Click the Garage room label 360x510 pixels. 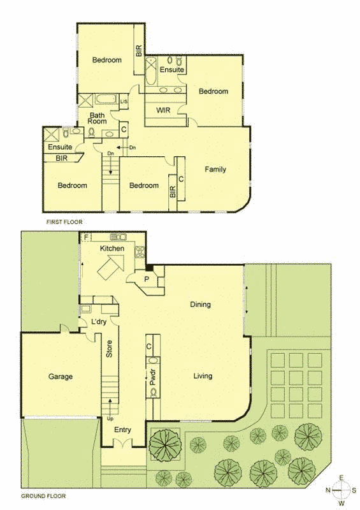(x=61, y=377)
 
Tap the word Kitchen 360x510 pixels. (x=112, y=249)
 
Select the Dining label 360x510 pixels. (x=200, y=305)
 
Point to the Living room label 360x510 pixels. (x=203, y=376)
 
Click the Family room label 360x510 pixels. (x=215, y=169)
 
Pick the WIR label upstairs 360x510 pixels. (x=163, y=110)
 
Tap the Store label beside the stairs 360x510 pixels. (x=109, y=349)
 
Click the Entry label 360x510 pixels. (x=122, y=430)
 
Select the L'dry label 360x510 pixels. (x=99, y=322)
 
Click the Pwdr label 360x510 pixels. (x=153, y=377)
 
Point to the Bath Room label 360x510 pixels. (x=97, y=118)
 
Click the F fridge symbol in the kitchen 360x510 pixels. (x=86, y=237)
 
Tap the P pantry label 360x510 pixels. (x=147, y=279)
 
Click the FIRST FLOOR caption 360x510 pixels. (x=64, y=222)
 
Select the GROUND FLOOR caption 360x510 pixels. (x=43, y=496)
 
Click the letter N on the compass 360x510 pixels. (x=328, y=490)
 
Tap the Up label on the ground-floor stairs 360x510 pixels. (x=110, y=418)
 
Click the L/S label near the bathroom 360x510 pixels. (x=124, y=102)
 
